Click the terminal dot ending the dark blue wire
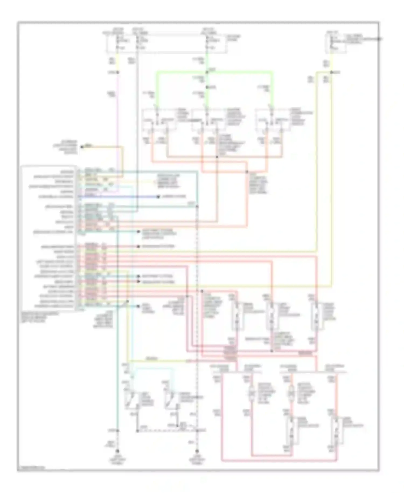(x=158, y=197)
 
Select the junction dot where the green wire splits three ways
(x=207, y=72)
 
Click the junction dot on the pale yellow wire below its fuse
(x=332, y=72)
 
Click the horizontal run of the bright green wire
(x=215, y=72)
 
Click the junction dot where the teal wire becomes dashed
(x=197, y=207)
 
